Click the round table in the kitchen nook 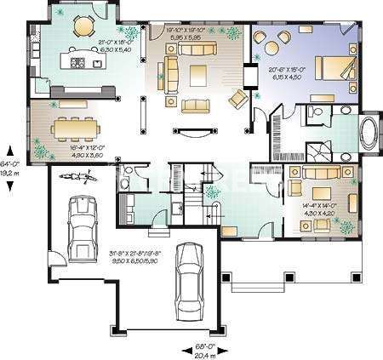point(82,27)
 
